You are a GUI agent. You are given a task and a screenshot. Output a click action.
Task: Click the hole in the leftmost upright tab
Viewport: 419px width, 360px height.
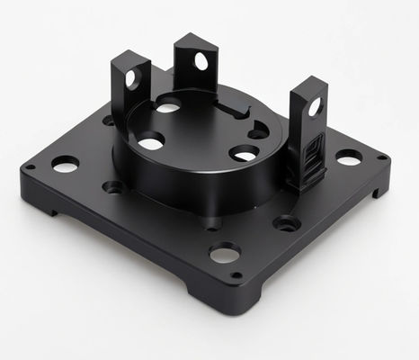click(131, 78)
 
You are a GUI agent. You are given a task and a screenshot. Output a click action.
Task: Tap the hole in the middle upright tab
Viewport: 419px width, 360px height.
click(201, 61)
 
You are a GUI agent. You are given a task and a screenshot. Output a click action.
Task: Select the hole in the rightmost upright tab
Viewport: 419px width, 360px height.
click(315, 106)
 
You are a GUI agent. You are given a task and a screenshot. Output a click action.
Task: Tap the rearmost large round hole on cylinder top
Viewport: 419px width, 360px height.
click(168, 107)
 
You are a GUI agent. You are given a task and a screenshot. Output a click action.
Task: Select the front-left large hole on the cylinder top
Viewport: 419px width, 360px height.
click(150, 141)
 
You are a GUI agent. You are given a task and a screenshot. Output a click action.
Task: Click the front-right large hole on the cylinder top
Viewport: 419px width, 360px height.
click(243, 155)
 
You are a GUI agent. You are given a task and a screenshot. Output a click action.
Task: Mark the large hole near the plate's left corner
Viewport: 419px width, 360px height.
click(65, 165)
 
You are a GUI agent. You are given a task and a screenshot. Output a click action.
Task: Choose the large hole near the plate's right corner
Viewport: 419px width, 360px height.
click(348, 157)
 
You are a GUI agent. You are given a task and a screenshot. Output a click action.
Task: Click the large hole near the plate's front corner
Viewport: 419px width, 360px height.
click(225, 252)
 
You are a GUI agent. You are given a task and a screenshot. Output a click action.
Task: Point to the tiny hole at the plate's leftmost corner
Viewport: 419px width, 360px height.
click(30, 167)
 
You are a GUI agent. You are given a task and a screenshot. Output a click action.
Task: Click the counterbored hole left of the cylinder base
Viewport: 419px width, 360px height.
click(114, 187)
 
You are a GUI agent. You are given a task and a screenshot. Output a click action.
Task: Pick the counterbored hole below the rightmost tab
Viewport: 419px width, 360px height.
click(287, 222)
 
